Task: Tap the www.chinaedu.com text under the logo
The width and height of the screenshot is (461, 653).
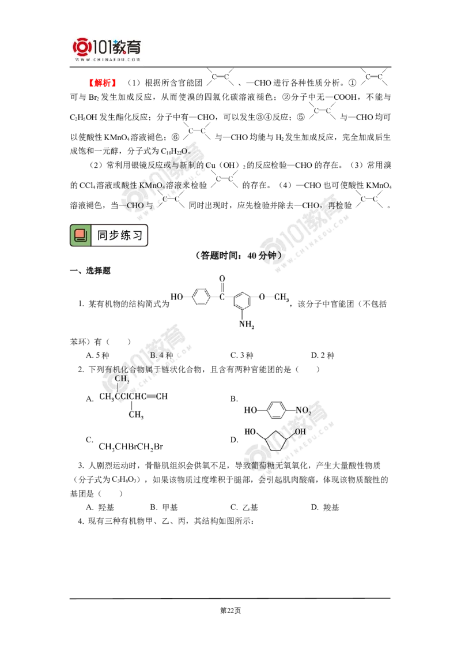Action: click(108, 59)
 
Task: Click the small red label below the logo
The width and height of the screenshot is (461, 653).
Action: click(103, 83)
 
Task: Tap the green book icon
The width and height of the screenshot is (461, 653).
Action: click(81, 235)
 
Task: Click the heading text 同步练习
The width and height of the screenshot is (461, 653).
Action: click(119, 235)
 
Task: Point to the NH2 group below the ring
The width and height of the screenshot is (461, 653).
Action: click(247, 324)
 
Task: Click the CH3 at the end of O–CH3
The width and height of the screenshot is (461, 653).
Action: click(281, 297)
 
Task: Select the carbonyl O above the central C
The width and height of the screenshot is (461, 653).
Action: click(222, 279)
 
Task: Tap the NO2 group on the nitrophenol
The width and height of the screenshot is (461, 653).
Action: click(304, 411)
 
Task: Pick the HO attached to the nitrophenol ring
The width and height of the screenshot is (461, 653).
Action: click(251, 411)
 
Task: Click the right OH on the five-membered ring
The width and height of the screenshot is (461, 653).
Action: click(301, 431)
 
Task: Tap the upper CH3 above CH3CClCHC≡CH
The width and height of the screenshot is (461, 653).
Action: click(122, 378)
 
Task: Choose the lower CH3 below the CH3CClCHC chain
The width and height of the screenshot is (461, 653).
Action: click(136, 414)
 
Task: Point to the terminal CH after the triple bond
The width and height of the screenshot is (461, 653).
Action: click(163, 396)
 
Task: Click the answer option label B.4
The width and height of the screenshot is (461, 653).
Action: click(158, 355)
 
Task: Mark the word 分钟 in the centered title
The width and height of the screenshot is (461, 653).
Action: click(266, 256)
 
